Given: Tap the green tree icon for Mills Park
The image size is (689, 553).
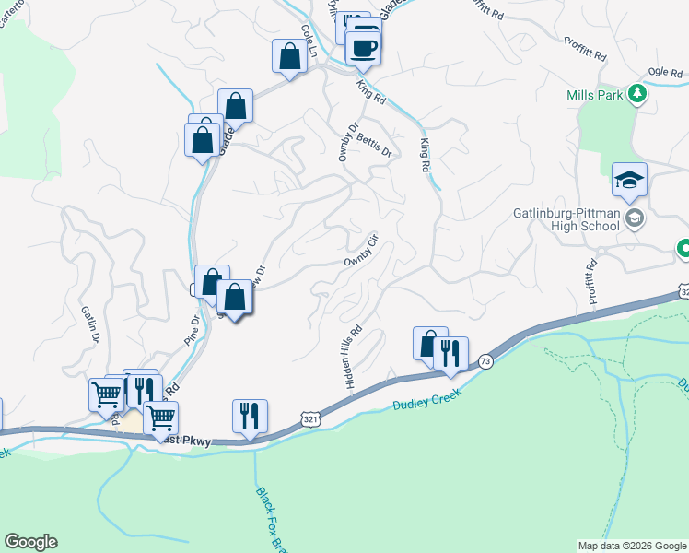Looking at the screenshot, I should click(636, 93).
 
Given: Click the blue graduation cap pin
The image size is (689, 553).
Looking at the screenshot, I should click(630, 181).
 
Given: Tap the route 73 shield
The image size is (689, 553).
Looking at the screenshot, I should click(485, 361).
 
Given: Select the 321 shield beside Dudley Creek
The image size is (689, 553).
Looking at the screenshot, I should click(313, 419).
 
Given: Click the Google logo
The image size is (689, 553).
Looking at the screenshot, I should click(30, 542).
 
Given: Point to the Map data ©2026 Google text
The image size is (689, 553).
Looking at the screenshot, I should click(631, 546).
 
